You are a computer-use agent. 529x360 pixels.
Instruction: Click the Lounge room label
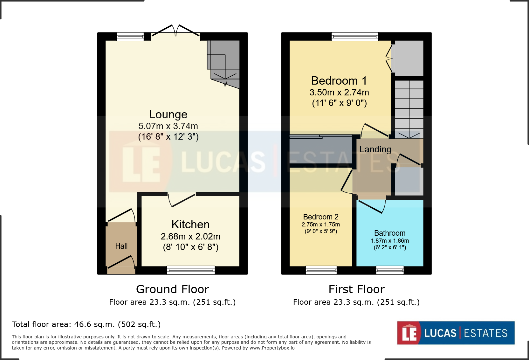(x=168, y=114)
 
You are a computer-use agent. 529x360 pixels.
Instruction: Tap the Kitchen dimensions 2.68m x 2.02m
(x=190, y=237)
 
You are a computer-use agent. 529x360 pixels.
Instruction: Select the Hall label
(x=121, y=246)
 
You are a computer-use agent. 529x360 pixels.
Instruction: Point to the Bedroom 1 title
(x=339, y=81)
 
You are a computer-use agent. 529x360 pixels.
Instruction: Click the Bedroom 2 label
(x=320, y=217)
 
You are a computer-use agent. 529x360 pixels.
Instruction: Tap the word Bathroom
(x=390, y=233)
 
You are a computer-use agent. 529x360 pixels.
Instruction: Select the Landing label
(x=375, y=149)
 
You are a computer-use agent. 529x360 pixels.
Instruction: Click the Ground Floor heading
(x=172, y=289)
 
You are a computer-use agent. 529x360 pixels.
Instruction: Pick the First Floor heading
(x=356, y=289)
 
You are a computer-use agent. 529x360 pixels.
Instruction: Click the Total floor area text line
(x=86, y=324)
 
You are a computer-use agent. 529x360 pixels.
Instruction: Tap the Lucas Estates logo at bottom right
(x=456, y=333)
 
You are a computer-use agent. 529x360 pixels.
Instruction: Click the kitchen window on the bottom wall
(x=191, y=270)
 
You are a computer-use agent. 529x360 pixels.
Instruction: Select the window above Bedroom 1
(x=355, y=37)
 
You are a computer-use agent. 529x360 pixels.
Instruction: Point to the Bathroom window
(x=390, y=270)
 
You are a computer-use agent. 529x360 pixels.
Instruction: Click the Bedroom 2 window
(x=321, y=270)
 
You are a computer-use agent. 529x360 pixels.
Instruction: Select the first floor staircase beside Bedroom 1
(x=409, y=108)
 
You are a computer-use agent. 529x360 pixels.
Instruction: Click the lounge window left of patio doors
(x=130, y=37)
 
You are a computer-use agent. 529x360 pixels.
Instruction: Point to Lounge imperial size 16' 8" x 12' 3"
(x=168, y=137)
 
